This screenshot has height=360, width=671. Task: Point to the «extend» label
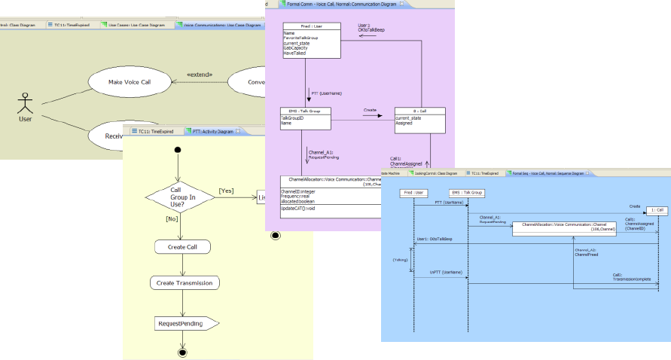tap(200, 74)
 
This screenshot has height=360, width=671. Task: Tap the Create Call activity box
tap(181, 247)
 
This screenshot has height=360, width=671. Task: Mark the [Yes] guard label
tap(225, 191)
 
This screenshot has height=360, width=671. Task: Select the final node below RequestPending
tap(181, 352)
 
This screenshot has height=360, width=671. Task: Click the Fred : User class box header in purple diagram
tap(311, 26)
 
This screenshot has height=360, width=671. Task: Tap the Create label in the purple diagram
tap(370, 109)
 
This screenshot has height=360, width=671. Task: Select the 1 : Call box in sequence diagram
tap(657, 210)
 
